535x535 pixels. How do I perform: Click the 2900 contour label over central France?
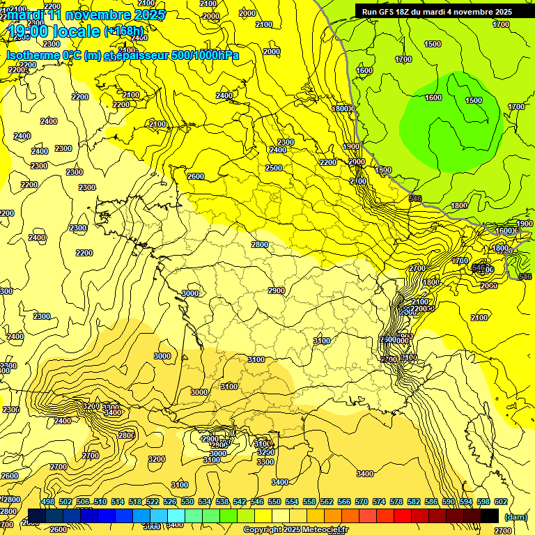pos(277,290)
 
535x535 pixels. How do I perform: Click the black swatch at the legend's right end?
pos(489,515)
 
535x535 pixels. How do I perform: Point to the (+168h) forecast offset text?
pos(124,31)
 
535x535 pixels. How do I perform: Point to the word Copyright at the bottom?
pos(263,530)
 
